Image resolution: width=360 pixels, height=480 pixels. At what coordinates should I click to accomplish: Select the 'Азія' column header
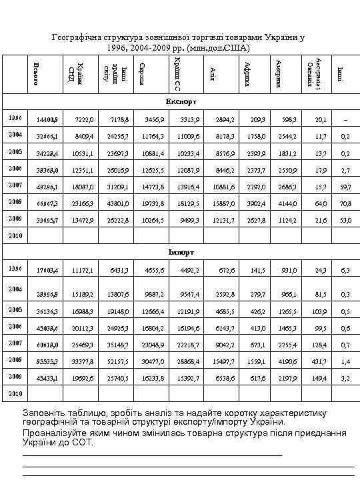[x=211, y=73]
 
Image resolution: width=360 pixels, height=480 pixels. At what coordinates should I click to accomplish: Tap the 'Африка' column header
[x=247, y=73]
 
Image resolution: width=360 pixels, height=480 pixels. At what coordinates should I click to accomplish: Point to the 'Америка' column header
[x=278, y=73]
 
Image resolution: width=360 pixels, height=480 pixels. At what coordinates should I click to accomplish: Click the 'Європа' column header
[x=141, y=73]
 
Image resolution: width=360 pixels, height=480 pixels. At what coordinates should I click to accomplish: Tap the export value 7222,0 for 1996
[x=84, y=119]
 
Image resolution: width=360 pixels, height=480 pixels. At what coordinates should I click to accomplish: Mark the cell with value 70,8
[x=344, y=201]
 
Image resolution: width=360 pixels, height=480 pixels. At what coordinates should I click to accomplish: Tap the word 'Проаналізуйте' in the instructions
[x=55, y=432]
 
